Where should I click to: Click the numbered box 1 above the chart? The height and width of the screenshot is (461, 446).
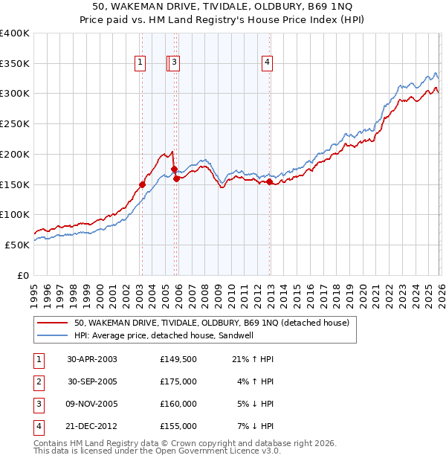[140, 63]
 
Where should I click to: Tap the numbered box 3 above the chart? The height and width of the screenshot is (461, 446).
[174, 63]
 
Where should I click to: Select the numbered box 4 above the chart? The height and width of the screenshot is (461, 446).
[266, 63]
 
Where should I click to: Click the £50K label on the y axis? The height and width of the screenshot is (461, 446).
[17, 245]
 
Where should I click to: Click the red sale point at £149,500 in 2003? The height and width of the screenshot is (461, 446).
[142, 184]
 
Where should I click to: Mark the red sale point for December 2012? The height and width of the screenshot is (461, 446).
[269, 181]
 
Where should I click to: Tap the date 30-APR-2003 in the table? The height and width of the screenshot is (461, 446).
[92, 359]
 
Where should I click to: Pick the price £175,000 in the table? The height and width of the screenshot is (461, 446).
[178, 381]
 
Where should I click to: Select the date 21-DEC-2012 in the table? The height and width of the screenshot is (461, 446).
[92, 426]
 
